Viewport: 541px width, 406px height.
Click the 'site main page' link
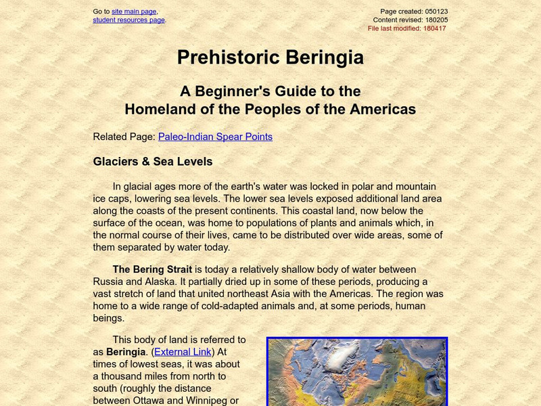134,12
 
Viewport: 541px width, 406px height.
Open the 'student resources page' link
128,20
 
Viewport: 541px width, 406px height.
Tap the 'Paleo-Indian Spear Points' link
215,137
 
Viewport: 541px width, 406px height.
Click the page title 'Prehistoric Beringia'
270,58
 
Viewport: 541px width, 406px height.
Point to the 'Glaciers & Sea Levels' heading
153,162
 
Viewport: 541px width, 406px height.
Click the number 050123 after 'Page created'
436,12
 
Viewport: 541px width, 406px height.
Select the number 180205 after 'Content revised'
436,20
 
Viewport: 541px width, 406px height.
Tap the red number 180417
435,28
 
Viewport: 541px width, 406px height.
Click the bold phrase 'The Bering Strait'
152,270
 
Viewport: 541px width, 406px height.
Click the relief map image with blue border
357,372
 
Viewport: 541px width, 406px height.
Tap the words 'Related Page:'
124,137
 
